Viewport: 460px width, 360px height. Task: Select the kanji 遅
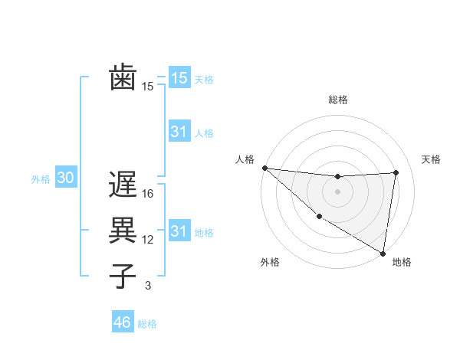pyautogui.click(x=123, y=184)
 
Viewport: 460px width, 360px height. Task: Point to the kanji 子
pyautogui.click(x=123, y=276)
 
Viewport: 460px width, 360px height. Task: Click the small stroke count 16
pyautogui.click(x=149, y=194)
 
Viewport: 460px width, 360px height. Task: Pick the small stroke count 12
pyautogui.click(x=148, y=240)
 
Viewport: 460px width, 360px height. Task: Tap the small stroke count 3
pyautogui.click(x=148, y=286)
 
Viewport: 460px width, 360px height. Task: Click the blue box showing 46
pyautogui.click(x=123, y=322)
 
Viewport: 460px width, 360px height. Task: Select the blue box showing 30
pyautogui.click(x=65, y=178)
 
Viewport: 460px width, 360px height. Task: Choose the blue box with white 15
pyautogui.click(x=179, y=77)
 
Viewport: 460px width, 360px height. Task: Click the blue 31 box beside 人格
pyautogui.click(x=179, y=132)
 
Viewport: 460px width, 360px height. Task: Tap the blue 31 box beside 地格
pyautogui.click(x=179, y=231)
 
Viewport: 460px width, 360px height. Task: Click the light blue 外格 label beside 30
pyautogui.click(x=41, y=179)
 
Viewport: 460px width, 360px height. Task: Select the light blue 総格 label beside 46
pyautogui.click(x=147, y=324)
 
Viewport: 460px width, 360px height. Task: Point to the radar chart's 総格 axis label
pyautogui.click(x=338, y=100)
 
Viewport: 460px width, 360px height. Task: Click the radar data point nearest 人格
pyautogui.click(x=264, y=168)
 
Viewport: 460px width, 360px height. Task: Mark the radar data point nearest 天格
pyautogui.click(x=396, y=172)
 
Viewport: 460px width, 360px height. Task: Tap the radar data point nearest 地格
pyautogui.click(x=383, y=253)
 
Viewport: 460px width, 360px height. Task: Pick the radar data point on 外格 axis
pyautogui.click(x=319, y=216)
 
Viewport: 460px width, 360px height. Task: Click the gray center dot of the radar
pyautogui.click(x=338, y=191)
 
